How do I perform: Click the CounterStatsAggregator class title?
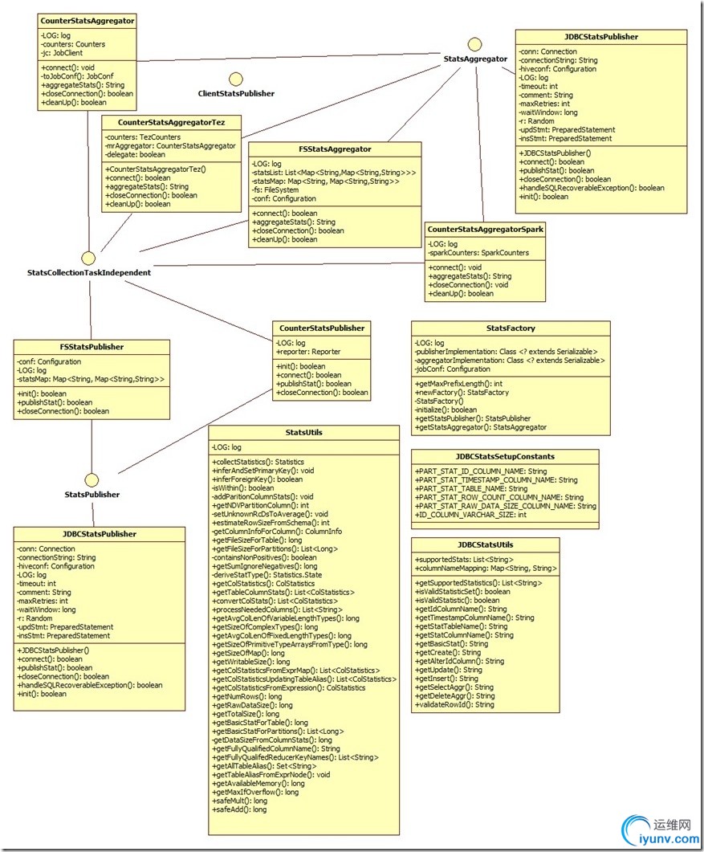pos(87,20)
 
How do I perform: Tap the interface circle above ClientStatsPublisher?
pos(236,78)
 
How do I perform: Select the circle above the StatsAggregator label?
pos(475,43)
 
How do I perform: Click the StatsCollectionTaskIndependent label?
pos(88,272)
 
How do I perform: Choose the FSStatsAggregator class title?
pos(335,149)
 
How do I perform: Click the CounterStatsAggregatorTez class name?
pos(170,122)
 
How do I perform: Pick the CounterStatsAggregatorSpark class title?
pos(486,229)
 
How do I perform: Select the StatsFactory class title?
pos(511,328)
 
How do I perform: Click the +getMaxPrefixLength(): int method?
pos(458,384)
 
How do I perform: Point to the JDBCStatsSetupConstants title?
pos(505,456)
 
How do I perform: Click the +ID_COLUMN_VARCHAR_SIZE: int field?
pos(470,514)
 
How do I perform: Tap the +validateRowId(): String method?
pos(454,704)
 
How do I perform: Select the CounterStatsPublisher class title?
pos(321,328)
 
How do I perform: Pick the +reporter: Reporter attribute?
pos(307,352)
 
